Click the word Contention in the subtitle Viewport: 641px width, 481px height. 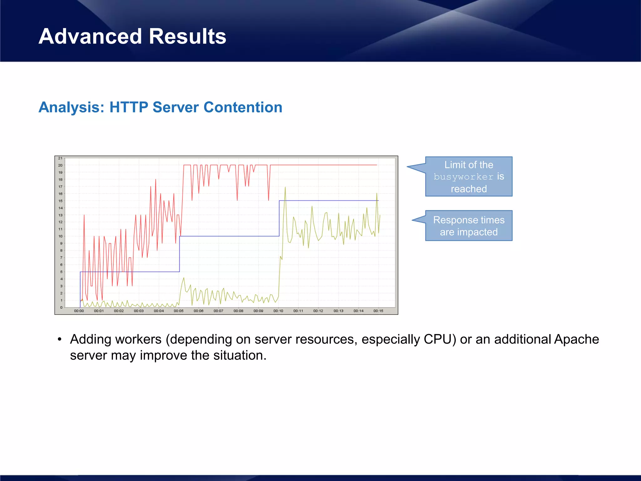tap(243, 107)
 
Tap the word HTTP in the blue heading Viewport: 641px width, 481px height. tap(128, 107)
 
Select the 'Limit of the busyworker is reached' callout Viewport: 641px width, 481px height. tap(469, 177)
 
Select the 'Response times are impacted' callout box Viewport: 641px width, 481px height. tap(469, 226)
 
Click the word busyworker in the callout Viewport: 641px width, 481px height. tap(463, 177)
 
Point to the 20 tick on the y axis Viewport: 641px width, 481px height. tap(60, 165)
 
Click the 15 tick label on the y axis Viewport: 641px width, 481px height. tap(60, 201)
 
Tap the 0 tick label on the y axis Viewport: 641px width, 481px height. tap(61, 308)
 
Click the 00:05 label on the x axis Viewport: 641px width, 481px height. tap(179, 311)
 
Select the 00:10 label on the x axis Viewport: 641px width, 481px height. tap(278, 311)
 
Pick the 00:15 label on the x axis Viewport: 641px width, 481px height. tap(378, 311)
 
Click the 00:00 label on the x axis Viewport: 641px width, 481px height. tap(79, 311)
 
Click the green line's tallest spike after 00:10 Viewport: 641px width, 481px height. tap(285, 188)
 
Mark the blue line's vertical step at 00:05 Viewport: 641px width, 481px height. tap(179, 254)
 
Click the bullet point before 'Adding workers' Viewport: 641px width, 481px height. tap(59, 339)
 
